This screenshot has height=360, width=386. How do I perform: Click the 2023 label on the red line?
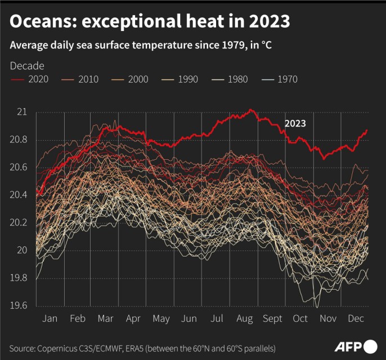[x=295, y=123]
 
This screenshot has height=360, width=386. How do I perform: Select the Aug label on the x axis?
[x=244, y=319]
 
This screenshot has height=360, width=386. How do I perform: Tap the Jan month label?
[x=50, y=319]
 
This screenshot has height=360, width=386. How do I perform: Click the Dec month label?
[x=354, y=319]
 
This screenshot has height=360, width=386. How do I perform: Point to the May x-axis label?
[x=161, y=319]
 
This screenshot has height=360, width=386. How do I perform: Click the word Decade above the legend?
[x=27, y=66]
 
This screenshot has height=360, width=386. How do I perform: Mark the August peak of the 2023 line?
[x=251, y=110]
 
